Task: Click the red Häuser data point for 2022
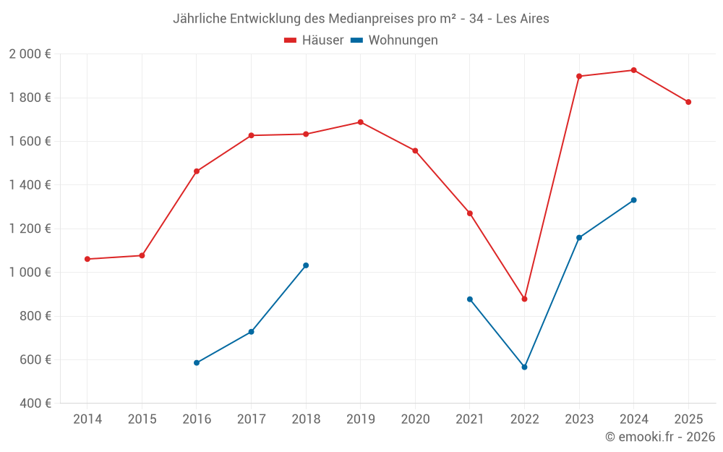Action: [x=524, y=299]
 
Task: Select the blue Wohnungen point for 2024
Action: [x=633, y=200]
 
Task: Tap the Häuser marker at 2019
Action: [x=360, y=122]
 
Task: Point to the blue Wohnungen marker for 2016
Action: [x=197, y=363]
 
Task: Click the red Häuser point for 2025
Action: [x=688, y=102]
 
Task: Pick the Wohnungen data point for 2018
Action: [x=306, y=265]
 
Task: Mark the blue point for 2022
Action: [x=524, y=367]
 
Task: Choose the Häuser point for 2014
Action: [x=87, y=259]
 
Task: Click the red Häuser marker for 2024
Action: [x=633, y=70]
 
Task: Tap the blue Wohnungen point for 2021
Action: [x=470, y=299]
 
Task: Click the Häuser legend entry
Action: [x=314, y=40]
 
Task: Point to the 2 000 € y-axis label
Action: [x=30, y=54]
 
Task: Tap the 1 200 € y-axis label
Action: [x=30, y=229]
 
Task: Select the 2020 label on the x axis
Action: [x=415, y=419]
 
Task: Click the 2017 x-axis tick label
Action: [x=251, y=419]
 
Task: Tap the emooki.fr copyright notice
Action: [x=659, y=437]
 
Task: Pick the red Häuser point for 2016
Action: [x=197, y=171]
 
